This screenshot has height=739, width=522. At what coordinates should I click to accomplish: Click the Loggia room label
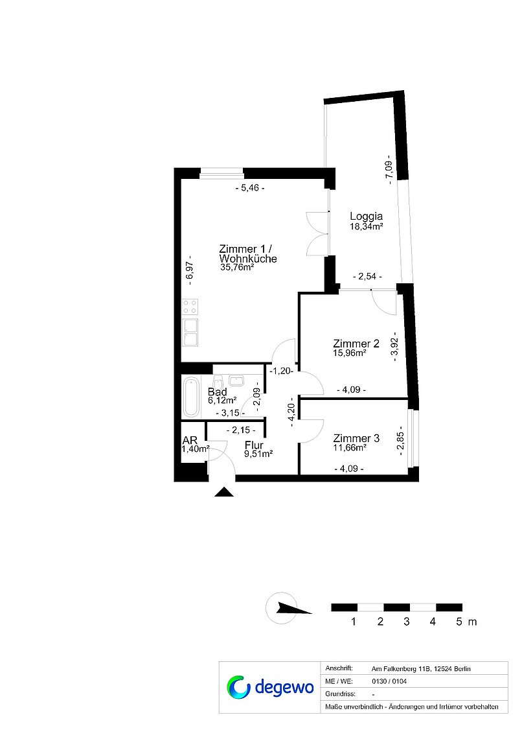[x=366, y=217]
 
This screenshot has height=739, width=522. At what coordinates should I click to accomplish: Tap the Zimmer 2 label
[x=356, y=344]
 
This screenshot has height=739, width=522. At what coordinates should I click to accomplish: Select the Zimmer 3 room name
[x=356, y=438]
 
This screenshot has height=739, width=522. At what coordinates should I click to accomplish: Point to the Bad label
[x=218, y=392]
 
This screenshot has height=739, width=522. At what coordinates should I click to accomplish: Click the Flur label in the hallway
[x=254, y=445]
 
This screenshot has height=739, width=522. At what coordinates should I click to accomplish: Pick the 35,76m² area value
[x=237, y=267]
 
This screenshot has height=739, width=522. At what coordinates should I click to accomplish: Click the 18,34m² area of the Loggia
[x=366, y=226]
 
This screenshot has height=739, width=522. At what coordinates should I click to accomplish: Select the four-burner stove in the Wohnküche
[x=190, y=307]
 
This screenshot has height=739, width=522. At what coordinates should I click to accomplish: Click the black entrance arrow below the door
[x=224, y=492]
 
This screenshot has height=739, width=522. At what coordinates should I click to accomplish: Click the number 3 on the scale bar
[x=407, y=622]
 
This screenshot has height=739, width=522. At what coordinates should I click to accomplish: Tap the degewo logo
[x=269, y=687]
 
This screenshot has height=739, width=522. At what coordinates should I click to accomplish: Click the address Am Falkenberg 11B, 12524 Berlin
[x=421, y=669]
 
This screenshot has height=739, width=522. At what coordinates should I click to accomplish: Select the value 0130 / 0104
[x=389, y=681]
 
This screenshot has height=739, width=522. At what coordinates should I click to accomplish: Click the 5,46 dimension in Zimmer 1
[x=250, y=188]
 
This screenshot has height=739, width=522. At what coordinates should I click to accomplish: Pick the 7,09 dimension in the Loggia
[x=389, y=169]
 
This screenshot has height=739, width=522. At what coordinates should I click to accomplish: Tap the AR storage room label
[x=190, y=440]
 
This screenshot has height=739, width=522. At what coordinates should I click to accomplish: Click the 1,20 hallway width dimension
[x=282, y=371]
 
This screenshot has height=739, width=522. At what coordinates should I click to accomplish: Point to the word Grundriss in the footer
[x=340, y=694]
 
